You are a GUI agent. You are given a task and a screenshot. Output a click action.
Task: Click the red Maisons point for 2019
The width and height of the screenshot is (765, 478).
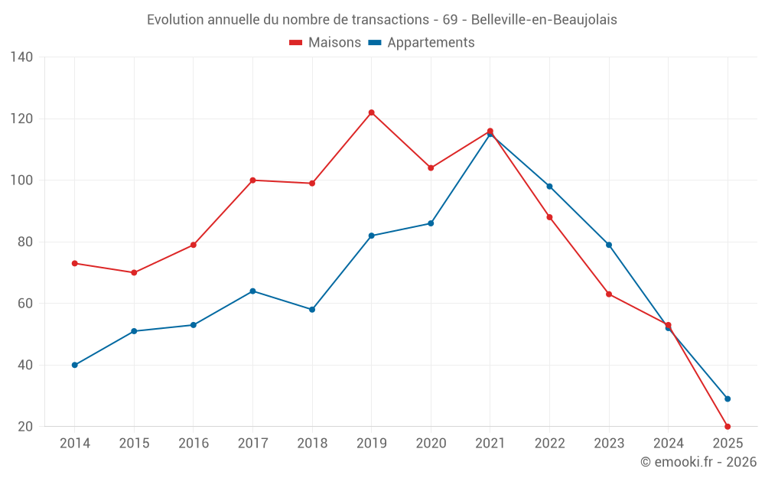[371, 112]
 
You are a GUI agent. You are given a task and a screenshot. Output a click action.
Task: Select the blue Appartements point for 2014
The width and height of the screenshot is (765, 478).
[75, 365]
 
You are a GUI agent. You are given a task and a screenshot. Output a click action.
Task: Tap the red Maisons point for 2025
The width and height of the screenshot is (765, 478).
[728, 426]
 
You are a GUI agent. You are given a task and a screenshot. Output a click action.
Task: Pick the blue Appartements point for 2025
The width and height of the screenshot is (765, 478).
[728, 398]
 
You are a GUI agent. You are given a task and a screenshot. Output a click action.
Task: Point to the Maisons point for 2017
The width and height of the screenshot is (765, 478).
[252, 180]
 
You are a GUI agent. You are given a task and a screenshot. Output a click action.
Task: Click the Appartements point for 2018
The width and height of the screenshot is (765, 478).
[312, 310]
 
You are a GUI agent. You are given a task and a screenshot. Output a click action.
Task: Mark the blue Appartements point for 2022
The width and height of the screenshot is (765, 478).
[549, 187]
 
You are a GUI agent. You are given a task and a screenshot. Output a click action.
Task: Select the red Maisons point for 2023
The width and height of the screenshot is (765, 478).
[609, 294]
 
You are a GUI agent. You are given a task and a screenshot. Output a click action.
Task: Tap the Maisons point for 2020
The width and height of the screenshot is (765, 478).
[431, 167]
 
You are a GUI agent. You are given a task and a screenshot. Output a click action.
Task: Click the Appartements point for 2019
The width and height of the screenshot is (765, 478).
[371, 236]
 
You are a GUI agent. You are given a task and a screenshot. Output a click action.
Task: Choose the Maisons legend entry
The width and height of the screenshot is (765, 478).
[325, 43]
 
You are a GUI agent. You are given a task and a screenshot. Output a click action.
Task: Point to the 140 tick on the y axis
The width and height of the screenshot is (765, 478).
[22, 57]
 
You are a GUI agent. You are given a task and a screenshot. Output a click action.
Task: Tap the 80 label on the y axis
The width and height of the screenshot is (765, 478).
[25, 242]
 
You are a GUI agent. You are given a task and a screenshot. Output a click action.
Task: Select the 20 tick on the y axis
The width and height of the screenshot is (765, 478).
[25, 426]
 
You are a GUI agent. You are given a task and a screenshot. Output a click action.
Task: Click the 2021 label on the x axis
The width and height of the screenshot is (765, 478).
[490, 444]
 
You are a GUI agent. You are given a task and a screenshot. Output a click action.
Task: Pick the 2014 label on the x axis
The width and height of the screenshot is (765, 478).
[75, 444]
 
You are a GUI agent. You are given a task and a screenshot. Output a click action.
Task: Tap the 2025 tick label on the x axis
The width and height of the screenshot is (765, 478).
[728, 444]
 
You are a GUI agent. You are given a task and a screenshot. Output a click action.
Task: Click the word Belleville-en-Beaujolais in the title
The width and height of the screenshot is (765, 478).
[544, 20]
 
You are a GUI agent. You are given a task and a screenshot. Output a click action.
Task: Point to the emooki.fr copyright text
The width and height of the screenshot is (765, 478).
[698, 462]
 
